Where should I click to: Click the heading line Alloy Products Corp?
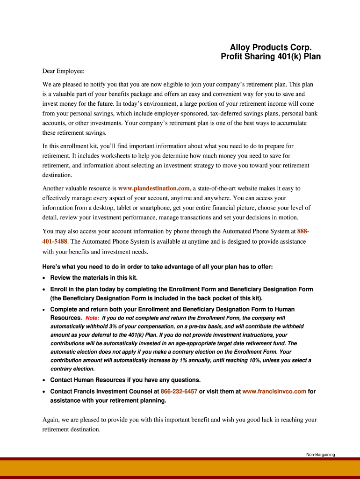tap(270, 48)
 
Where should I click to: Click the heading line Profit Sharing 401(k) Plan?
tap(270, 57)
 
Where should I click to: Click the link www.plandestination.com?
tap(154, 188)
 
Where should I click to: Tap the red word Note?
tap(92, 318)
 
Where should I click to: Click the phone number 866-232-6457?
tap(179, 392)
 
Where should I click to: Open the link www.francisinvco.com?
tap(274, 392)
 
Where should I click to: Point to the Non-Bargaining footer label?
tap(321, 455)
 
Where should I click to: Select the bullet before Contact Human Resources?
tap(44, 380)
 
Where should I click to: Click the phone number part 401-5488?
tap(55, 241)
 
